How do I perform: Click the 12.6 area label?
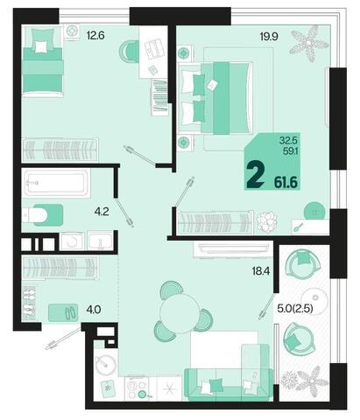95,36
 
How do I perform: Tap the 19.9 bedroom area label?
269,37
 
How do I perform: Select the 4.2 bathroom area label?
102,212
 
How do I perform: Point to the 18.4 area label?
261,271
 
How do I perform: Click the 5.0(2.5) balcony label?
295,308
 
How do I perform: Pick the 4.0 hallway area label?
94,309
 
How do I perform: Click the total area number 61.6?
286,183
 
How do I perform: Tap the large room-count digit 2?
255,175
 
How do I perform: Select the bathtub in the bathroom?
56,183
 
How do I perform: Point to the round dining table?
180,313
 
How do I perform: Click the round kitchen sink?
106,365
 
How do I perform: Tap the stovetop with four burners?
137,388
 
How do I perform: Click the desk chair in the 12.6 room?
129,52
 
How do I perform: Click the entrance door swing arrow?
63,339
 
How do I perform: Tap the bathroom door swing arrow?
124,213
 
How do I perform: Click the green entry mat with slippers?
63,312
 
